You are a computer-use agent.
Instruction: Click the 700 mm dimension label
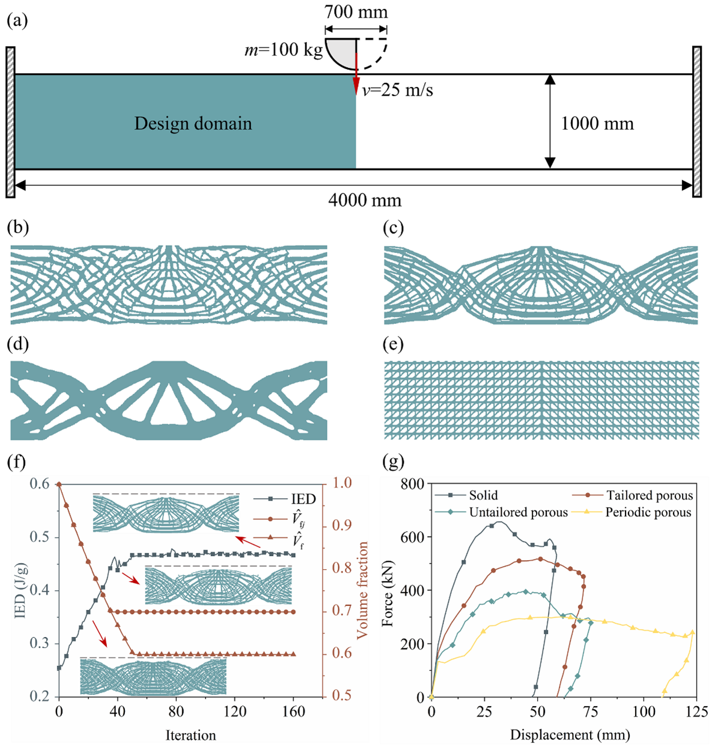click(x=356, y=12)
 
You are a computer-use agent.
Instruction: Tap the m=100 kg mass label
click(x=284, y=49)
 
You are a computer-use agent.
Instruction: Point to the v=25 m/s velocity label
click(x=397, y=90)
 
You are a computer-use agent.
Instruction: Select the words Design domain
click(x=193, y=124)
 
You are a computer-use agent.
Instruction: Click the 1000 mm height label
click(x=597, y=124)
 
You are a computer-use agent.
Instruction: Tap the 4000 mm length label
click(x=365, y=200)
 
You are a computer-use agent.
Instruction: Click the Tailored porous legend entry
click(x=649, y=496)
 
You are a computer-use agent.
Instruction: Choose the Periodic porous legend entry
click(x=648, y=513)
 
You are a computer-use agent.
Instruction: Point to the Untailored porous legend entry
click(x=518, y=513)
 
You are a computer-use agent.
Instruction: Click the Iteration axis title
click(x=190, y=735)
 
